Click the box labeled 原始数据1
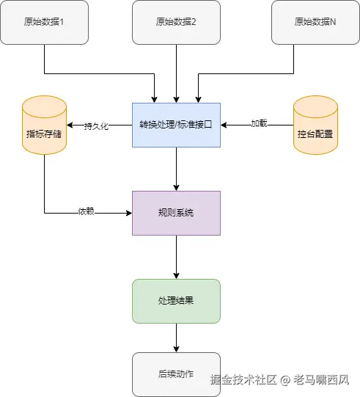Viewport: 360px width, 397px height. pos(44,22)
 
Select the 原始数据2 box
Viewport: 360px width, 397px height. pos(176,22)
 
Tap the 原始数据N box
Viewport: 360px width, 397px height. pos(315,22)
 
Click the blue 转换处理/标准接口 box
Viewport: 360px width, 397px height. pos(176,125)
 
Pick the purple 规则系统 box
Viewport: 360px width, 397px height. pos(176,213)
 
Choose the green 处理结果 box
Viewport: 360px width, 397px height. pos(176,301)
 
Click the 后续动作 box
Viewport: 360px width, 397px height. pos(176,374)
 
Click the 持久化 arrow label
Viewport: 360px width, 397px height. pos(96,125)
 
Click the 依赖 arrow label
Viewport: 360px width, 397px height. pos(87,212)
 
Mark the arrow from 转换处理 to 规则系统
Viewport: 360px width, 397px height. pos(176,169)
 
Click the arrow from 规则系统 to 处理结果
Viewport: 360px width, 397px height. pos(176,257)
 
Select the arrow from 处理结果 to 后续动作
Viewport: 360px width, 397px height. pos(176,338)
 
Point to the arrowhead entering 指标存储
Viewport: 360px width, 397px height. pos(70,125)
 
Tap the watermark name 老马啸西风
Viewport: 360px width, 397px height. pos(323,380)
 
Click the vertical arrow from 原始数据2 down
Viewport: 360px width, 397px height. pos(176,73)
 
